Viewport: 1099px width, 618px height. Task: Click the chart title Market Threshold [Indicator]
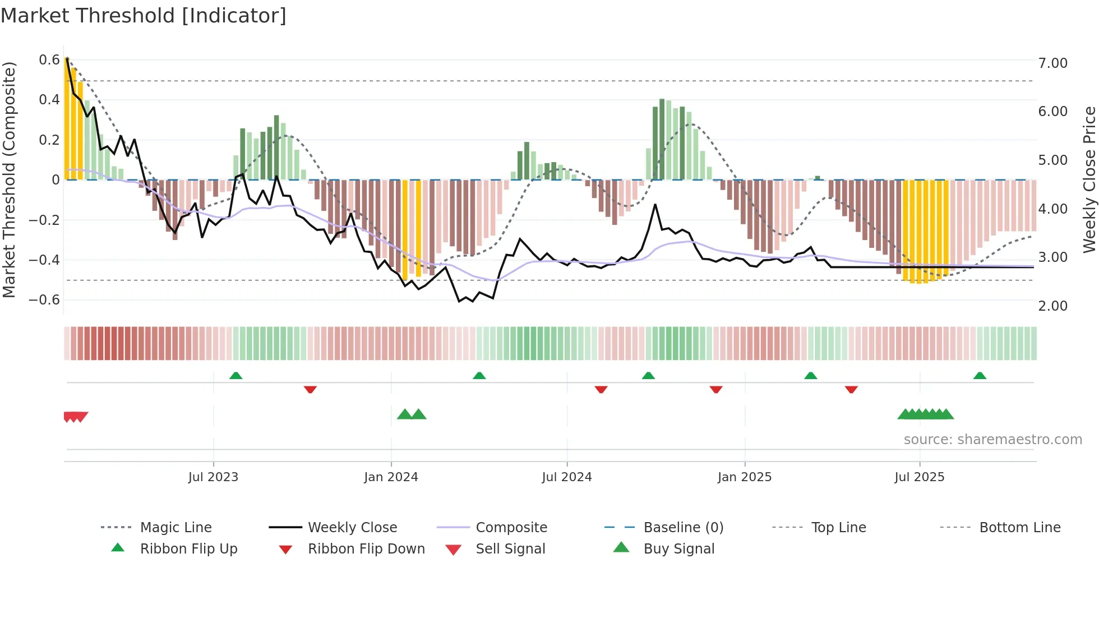coord(144,16)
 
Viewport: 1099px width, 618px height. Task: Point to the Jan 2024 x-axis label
coord(391,477)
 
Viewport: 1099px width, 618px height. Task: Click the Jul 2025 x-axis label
coord(920,477)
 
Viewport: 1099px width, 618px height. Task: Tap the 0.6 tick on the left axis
coord(49,60)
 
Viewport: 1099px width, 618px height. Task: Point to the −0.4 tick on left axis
coord(44,260)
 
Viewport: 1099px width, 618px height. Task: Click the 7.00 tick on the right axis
coord(1052,63)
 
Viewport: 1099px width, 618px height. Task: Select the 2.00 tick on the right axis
coord(1052,306)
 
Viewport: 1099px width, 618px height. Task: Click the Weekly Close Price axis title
coord(1089,179)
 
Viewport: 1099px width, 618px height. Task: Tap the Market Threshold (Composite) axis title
coord(8,179)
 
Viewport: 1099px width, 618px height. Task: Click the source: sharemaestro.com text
coord(992,439)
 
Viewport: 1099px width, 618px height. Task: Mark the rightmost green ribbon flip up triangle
coord(980,376)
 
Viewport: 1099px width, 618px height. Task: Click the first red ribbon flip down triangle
coord(310,389)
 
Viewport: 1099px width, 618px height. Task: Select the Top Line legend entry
coord(838,527)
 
